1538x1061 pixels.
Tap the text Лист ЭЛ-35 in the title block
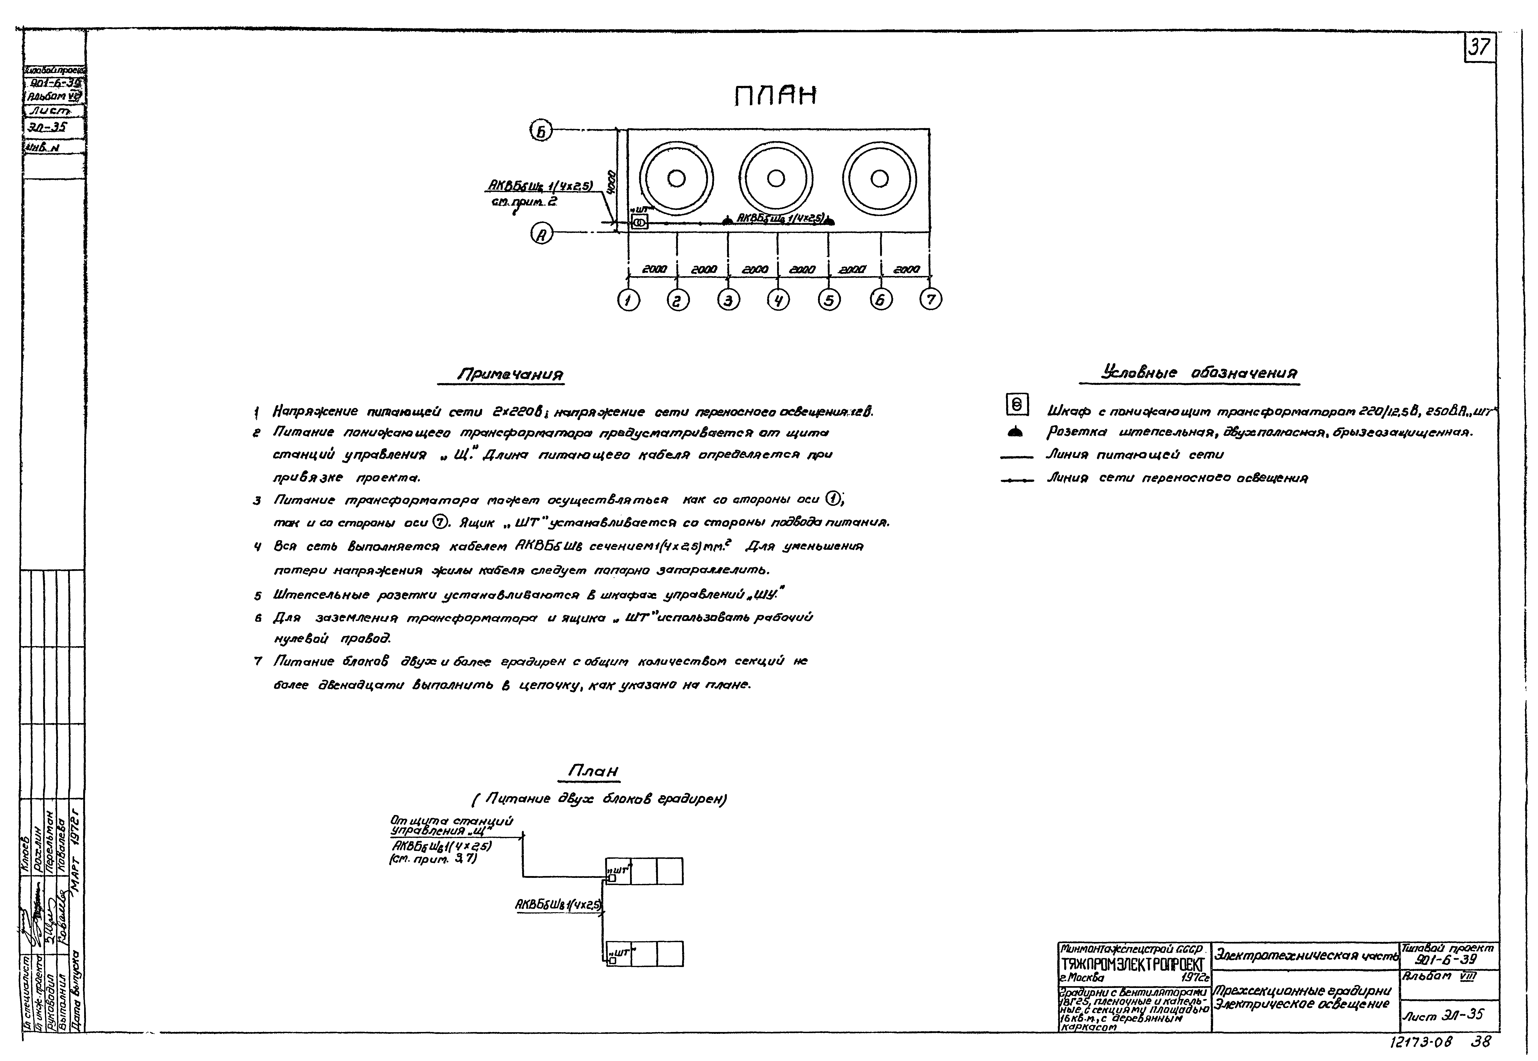coord(1443,1015)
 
